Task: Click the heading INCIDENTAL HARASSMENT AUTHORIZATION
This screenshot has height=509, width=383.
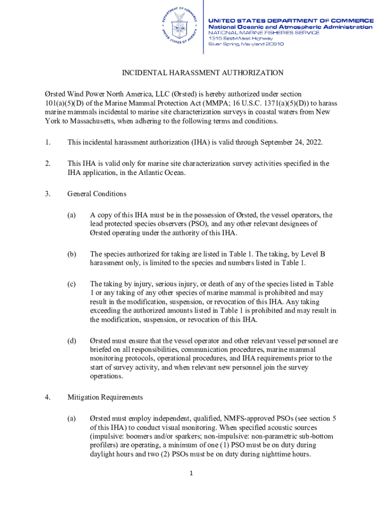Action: (x=203, y=73)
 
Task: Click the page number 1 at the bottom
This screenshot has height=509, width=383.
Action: (x=191, y=473)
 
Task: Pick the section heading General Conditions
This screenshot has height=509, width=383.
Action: (x=96, y=194)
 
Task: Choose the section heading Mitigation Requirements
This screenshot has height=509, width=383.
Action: (x=105, y=397)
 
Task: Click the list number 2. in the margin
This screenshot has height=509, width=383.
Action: (x=47, y=164)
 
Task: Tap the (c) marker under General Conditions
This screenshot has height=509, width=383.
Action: (x=72, y=284)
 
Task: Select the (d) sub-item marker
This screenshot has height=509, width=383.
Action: (x=72, y=341)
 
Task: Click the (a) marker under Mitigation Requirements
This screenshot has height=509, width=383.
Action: (x=72, y=419)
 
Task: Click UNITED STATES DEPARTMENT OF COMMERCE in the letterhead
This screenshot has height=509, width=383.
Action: (x=290, y=20)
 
